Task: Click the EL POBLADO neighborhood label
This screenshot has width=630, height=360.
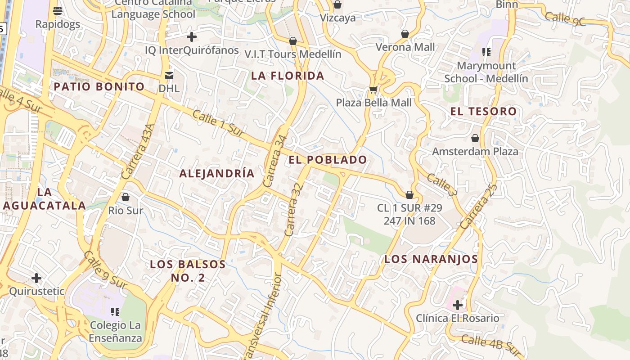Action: [x=328, y=160]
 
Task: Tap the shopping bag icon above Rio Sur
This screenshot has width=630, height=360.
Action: [x=126, y=197]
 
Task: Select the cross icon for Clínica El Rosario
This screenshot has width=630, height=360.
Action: [x=458, y=305]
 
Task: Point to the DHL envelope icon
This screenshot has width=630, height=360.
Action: [x=169, y=75]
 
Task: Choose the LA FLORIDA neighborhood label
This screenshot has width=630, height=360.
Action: [x=288, y=76]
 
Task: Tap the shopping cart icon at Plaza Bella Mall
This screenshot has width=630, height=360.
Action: [x=373, y=90]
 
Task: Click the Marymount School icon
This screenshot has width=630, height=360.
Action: [x=486, y=52]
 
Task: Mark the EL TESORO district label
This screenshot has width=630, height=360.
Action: [x=483, y=111]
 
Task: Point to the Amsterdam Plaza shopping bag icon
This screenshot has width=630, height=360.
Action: [x=475, y=138]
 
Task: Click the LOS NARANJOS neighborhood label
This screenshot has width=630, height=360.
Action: [x=431, y=259]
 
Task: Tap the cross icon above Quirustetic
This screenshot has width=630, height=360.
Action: [x=36, y=278]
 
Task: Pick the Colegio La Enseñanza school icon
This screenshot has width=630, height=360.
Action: [x=115, y=311]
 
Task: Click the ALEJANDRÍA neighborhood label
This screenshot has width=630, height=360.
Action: [x=217, y=173]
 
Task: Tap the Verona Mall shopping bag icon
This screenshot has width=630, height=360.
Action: [x=405, y=34]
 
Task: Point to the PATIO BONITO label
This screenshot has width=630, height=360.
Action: [x=99, y=87]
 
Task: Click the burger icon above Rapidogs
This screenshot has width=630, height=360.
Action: [x=58, y=10]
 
